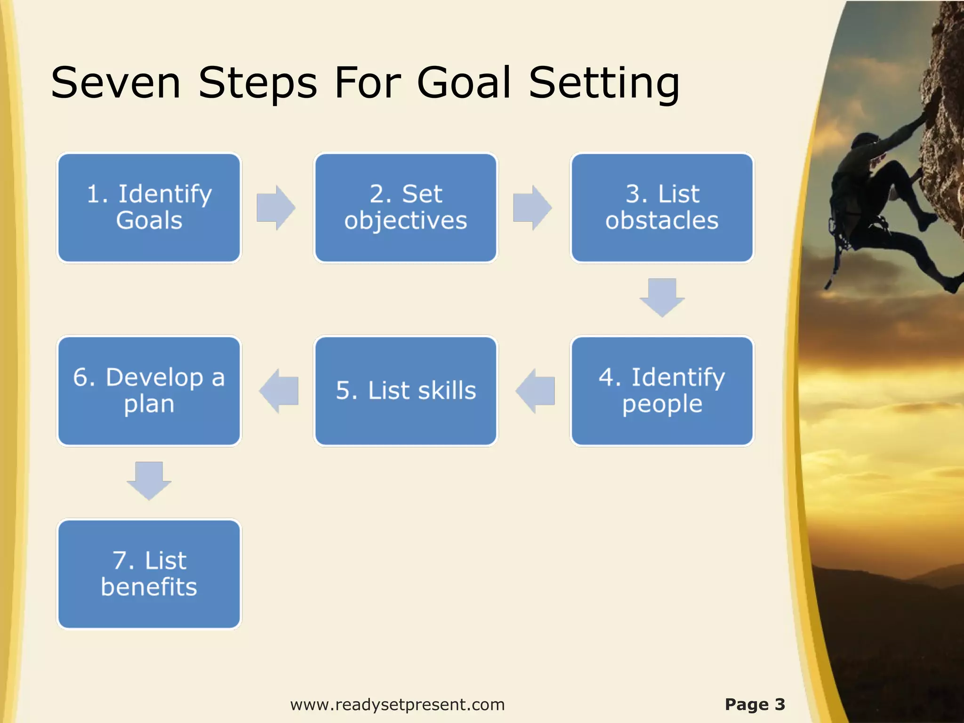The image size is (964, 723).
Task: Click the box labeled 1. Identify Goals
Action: pyautogui.click(x=149, y=208)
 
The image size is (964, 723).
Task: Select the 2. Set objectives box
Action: pyautogui.click(x=405, y=208)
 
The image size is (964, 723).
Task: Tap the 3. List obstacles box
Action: pyautogui.click(x=662, y=208)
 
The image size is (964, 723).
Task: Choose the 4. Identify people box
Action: pyautogui.click(x=662, y=391)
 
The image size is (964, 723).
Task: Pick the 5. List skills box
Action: pyautogui.click(x=405, y=391)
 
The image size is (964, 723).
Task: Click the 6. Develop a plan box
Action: pyautogui.click(x=149, y=391)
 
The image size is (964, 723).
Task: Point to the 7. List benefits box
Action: pyautogui.click(x=149, y=574)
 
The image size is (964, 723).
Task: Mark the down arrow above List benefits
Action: pyautogui.click(x=149, y=481)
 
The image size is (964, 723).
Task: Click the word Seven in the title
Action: pyautogui.click(x=116, y=83)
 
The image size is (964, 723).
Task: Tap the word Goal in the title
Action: pyautogui.click(x=464, y=83)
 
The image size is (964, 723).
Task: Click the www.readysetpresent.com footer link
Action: pyautogui.click(x=397, y=705)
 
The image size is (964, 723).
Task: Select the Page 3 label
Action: pyautogui.click(x=755, y=704)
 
